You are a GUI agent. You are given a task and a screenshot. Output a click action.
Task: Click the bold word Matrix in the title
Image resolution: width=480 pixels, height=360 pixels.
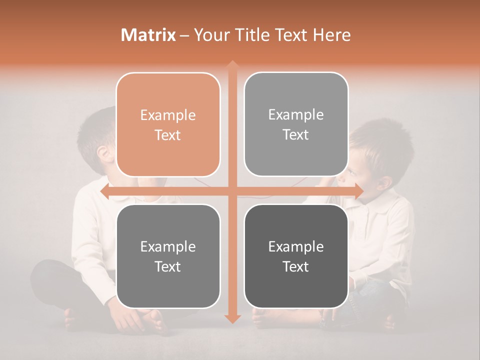click(x=148, y=35)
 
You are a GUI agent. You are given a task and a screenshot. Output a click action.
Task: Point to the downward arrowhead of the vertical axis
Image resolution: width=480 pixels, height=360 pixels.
click(x=232, y=318)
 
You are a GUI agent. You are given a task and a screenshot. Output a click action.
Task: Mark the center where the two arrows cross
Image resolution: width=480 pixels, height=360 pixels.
click(x=232, y=191)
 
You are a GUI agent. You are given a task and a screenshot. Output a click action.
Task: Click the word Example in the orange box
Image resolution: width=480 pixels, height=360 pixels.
click(x=168, y=115)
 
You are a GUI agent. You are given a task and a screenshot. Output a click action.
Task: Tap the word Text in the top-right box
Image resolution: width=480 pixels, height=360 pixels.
click(x=296, y=135)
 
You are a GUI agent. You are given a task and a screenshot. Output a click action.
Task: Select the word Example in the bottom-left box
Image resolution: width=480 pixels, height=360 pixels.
click(x=168, y=246)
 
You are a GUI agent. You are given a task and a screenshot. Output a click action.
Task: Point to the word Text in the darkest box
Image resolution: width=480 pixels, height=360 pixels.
click(x=296, y=267)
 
